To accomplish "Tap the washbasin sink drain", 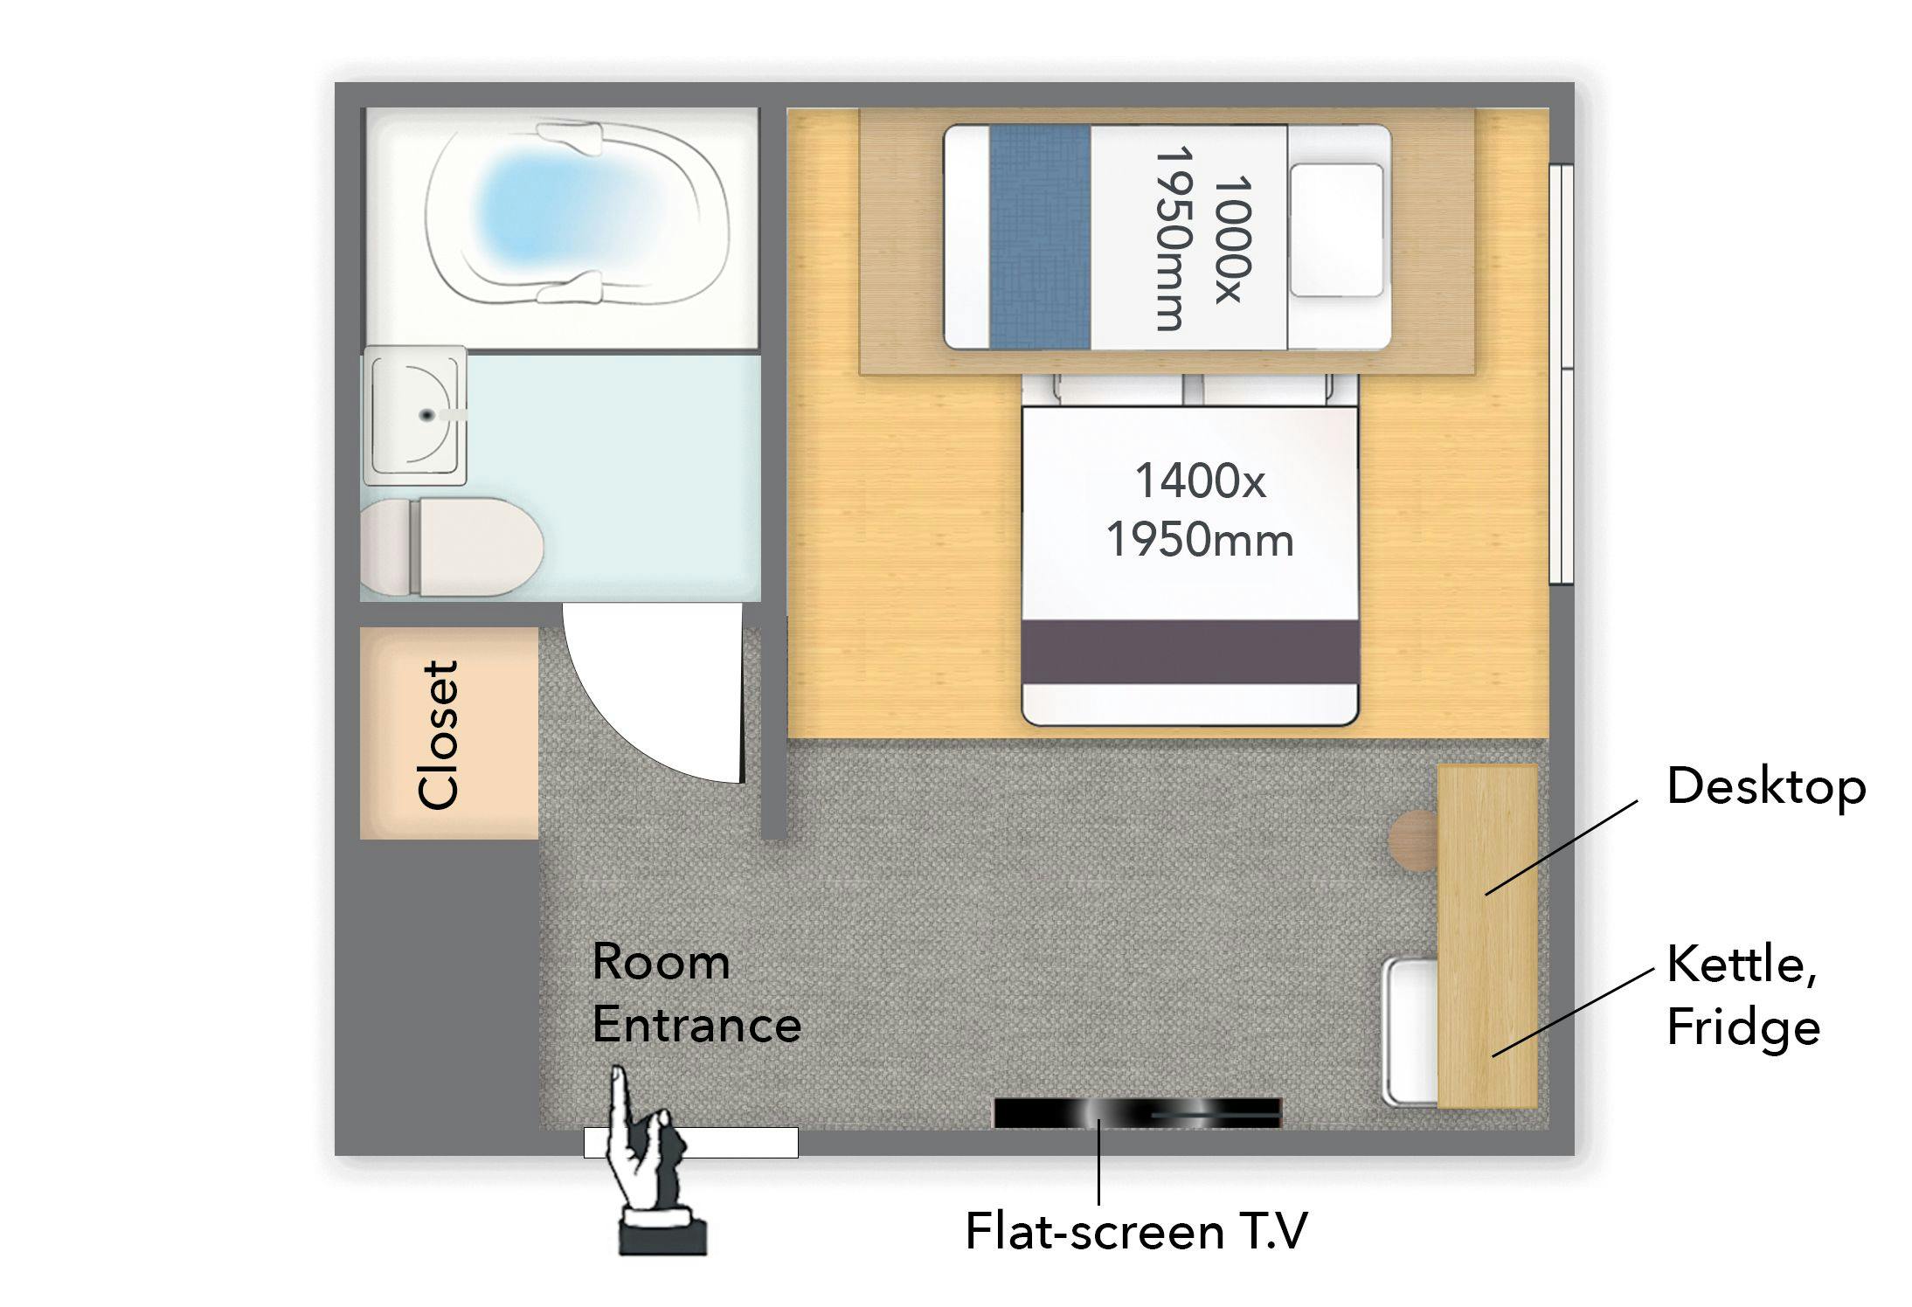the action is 427,415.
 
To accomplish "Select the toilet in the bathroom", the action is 452,547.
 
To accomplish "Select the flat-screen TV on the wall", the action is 1138,1113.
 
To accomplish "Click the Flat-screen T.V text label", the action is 1136,1232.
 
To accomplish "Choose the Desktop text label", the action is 1766,787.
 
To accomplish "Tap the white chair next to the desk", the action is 1410,1032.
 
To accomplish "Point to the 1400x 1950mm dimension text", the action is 1200,510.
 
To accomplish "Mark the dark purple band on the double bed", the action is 1190,652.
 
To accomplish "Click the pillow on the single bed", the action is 1337,231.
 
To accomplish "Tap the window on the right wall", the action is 1562,373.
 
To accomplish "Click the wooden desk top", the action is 1487,937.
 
